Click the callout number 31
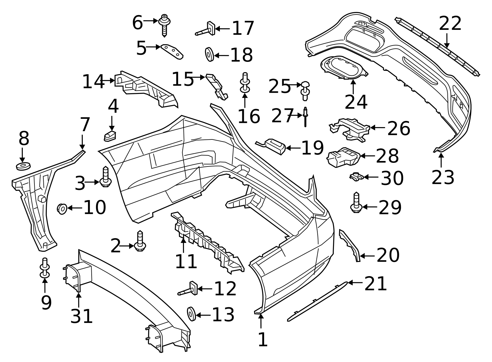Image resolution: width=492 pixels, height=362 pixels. click(x=81, y=316)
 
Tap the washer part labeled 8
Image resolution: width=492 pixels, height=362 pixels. click(x=23, y=167)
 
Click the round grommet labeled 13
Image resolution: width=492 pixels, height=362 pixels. click(x=191, y=313)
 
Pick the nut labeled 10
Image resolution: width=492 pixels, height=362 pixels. click(x=62, y=209)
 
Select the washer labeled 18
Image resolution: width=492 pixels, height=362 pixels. click(x=209, y=54)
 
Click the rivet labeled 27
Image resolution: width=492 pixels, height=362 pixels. click(x=305, y=116)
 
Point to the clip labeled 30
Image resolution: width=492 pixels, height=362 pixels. click(x=356, y=177)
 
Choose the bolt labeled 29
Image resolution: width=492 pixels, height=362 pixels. click(x=356, y=203)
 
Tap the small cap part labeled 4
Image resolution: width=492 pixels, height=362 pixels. click(x=110, y=135)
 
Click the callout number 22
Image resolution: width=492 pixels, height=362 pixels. click(x=450, y=24)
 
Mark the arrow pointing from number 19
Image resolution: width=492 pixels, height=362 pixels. click(x=293, y=148)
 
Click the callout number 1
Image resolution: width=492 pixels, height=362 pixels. click(x=263, y=340)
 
